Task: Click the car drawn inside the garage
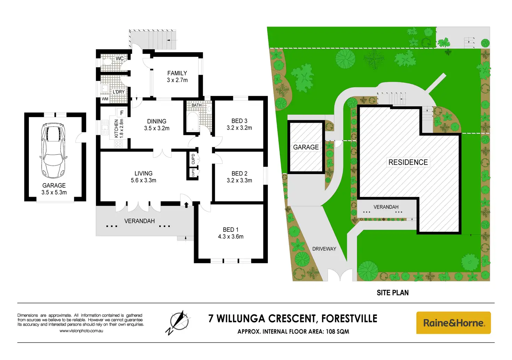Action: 53,150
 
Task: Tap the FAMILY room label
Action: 177,73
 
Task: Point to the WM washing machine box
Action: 105,99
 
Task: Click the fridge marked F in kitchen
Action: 122,113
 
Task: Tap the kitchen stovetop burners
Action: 118,144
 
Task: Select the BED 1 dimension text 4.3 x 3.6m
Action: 231,237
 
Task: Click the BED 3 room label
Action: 239,121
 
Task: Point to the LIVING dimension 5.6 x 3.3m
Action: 143,180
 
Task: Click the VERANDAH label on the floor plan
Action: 139,221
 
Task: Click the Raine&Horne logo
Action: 453,323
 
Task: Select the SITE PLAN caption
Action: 393,293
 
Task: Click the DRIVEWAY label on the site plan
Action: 324,249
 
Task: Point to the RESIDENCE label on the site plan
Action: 408,162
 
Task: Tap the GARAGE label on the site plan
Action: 306,147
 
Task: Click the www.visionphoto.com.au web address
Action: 81,331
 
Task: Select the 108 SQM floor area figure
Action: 337,332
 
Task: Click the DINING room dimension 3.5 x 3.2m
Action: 157,128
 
